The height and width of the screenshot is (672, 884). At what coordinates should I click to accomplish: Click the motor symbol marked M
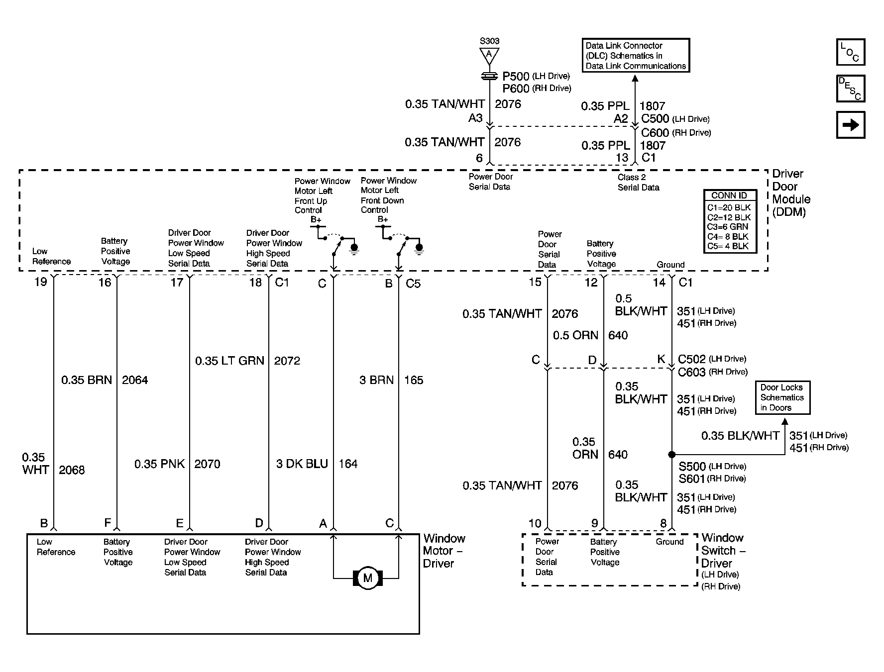367,578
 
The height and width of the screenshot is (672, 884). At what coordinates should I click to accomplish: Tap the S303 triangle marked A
489,55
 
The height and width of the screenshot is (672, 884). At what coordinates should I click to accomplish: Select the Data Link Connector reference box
636,55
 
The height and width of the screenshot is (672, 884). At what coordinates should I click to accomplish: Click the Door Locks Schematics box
782,397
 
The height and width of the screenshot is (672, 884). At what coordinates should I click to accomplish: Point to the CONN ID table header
730,195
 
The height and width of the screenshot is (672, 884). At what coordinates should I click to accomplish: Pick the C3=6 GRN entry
728,227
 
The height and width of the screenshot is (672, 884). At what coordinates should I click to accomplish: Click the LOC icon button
851,52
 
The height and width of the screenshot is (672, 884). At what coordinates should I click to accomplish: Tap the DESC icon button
851,89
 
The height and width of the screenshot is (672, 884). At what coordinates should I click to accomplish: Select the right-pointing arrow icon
851,124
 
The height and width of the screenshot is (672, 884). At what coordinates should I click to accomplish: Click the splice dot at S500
671,454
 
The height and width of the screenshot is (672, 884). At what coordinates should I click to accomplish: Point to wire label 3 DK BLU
302,464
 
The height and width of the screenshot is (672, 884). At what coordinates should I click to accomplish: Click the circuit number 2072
287,361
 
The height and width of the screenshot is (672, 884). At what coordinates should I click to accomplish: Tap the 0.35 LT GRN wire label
229,361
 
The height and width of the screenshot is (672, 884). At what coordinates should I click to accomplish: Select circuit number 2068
72,470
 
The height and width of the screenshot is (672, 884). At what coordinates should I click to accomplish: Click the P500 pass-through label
516,76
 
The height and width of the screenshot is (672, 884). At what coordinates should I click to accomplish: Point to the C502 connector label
692,359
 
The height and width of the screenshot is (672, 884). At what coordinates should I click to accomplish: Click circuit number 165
414,380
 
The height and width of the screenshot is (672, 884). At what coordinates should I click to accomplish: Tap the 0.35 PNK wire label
159,464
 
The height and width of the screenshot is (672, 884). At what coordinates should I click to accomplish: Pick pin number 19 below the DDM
40,282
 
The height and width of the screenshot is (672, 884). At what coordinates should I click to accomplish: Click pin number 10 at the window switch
535,523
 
